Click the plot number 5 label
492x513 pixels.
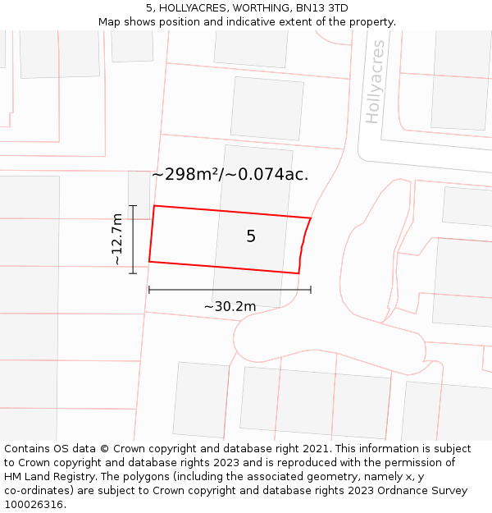(251, 236)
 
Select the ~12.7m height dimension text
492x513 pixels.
(117, 239)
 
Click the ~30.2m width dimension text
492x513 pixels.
(230, 306)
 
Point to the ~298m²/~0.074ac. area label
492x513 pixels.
(230, 174)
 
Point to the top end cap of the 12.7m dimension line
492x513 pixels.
(133, 205)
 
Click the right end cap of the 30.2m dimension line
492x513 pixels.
(311, 289)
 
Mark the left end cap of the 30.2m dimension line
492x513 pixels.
(149, 289)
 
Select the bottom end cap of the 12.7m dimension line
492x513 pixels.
(133, 273)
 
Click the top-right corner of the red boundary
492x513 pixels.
(311, 218)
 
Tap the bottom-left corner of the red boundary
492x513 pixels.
(149, 262)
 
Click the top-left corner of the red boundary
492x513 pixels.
(154, 206)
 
